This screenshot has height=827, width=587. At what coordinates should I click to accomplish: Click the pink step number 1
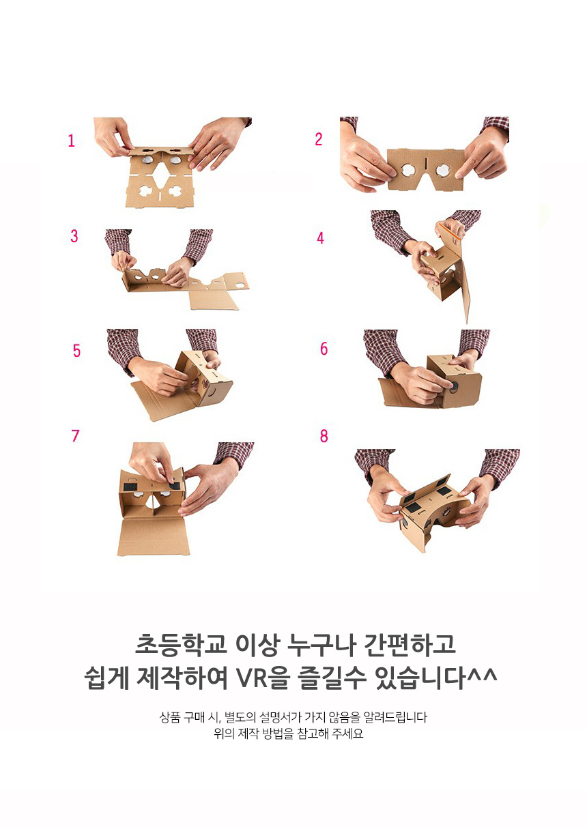coord(71,141)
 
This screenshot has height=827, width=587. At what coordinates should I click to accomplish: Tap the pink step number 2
coord(319,139)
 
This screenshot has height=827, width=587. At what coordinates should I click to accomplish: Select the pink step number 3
coord(74,236)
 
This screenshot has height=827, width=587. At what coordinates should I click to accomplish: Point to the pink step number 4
coord(320,238)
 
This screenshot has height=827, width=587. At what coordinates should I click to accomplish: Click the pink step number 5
coord(76,351)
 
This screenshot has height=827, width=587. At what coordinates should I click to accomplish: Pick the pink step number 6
coord(324,349)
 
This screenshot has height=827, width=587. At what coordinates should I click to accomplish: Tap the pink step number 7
coord(75,435)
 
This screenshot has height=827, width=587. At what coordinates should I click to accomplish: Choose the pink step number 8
coord(324,436)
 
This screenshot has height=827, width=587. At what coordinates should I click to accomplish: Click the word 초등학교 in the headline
coord(181,645)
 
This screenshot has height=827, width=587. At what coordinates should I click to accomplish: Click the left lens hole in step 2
coord(408,170)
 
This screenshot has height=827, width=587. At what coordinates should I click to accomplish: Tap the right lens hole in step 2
coord(442,170)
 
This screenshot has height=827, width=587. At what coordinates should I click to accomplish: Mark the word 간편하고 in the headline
coord(410,645)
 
